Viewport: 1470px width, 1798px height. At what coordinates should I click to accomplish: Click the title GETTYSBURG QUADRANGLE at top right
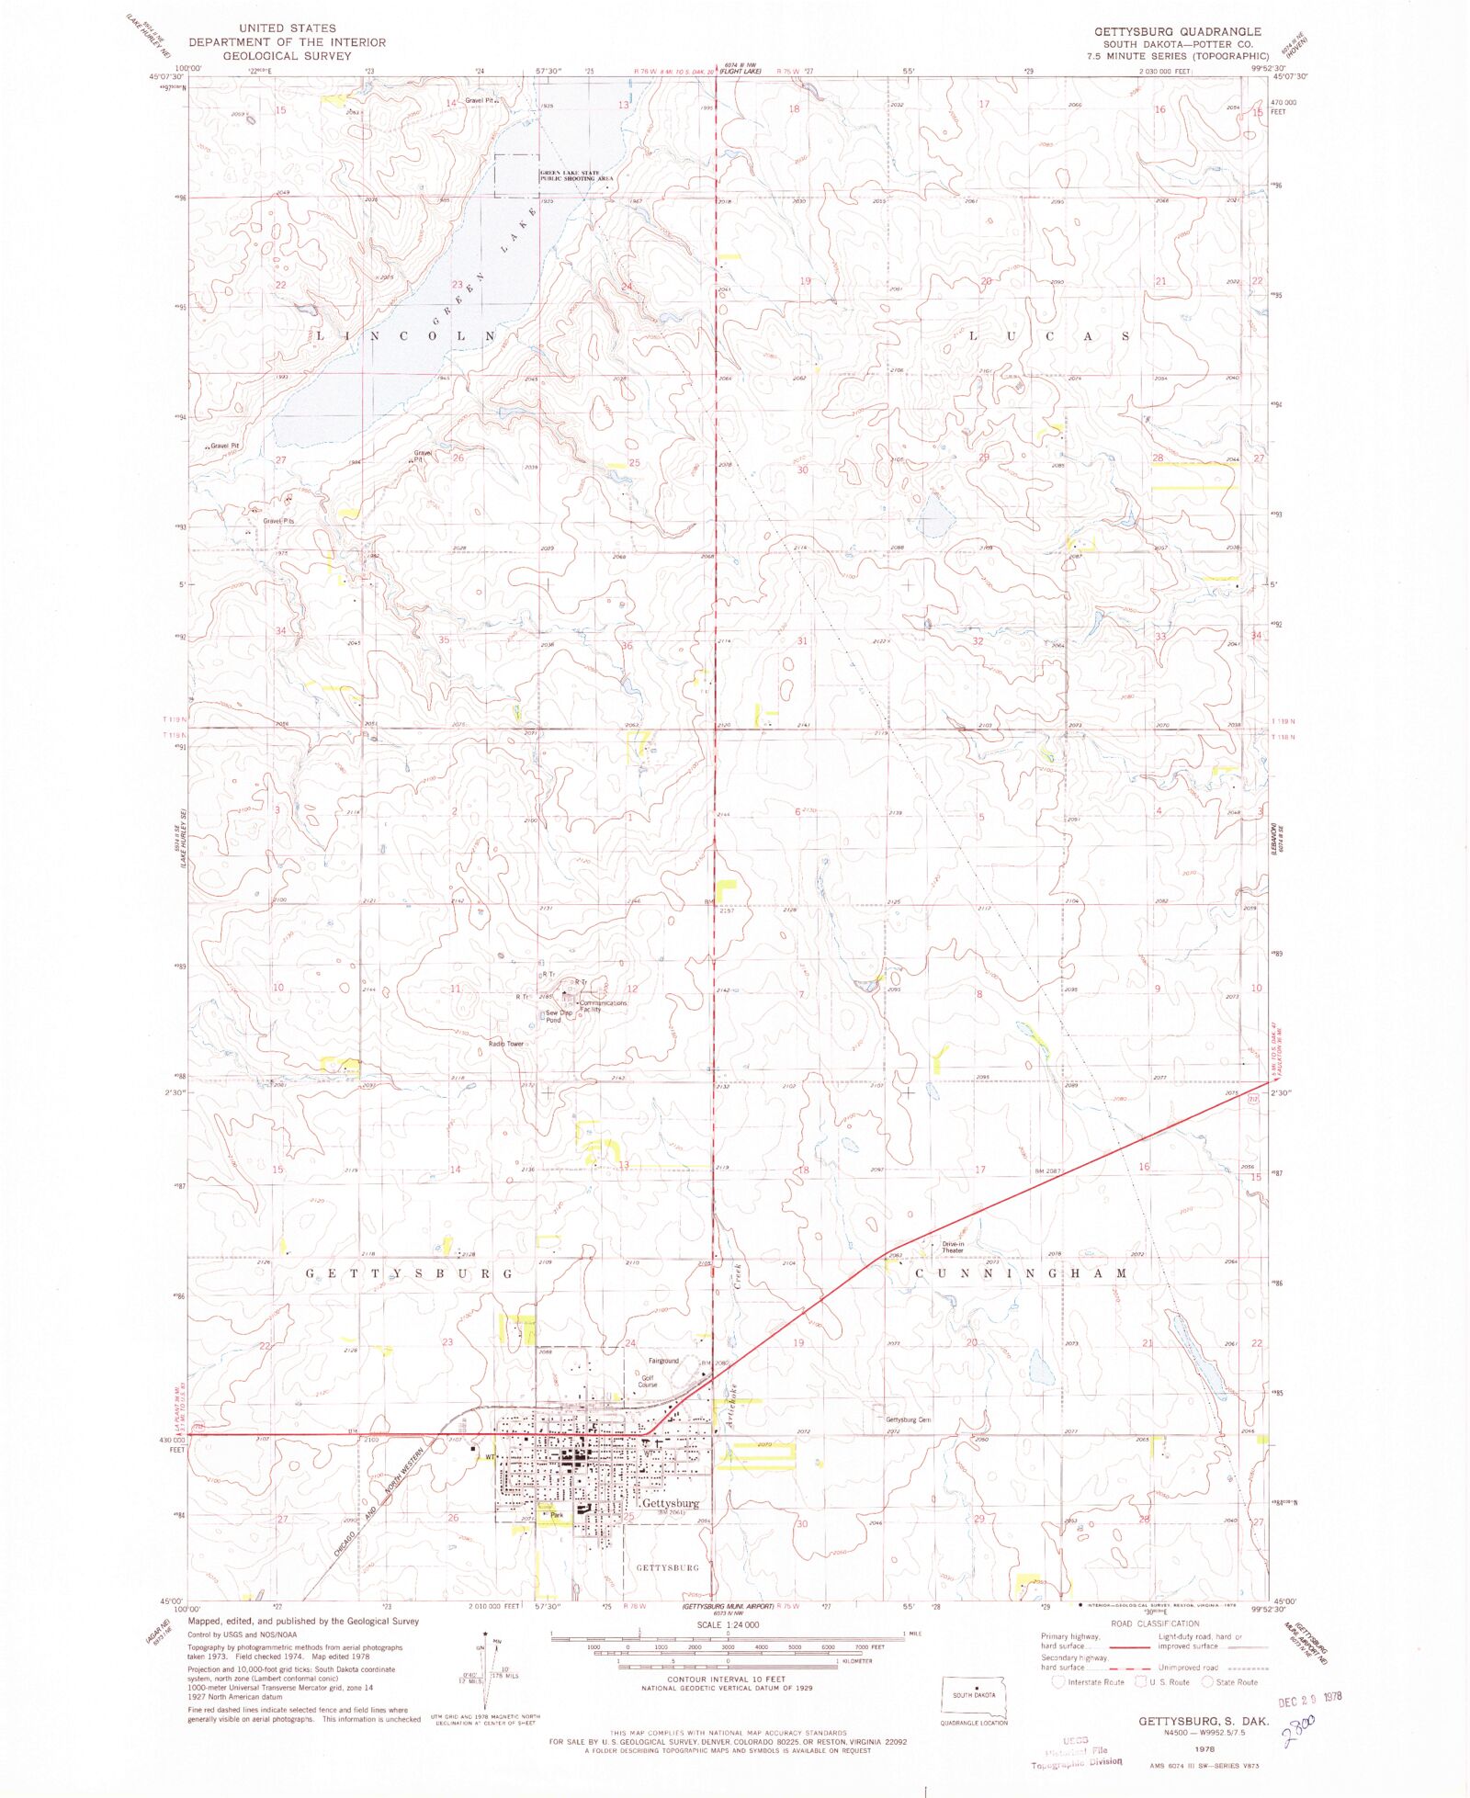(x=1177, y=31)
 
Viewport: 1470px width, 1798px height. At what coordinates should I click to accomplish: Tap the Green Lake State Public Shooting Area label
(x=575, y=175)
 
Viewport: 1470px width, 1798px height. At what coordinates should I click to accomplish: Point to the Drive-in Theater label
(x=953, y=1248)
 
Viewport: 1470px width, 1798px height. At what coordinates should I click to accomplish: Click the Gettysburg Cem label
(x=908, y=1419)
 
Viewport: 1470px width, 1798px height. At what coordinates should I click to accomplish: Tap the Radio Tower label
(x=506, y=1044)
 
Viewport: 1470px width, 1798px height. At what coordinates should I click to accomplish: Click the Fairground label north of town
(x=663, y=1361)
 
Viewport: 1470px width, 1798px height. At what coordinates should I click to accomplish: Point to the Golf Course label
(x=648, y=1381)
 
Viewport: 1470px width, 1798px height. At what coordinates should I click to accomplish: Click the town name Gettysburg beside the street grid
(x=671, y=1503)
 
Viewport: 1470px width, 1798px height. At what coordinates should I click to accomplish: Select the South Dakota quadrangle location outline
(x=973, y=1697)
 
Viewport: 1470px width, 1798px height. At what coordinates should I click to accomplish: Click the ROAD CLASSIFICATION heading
(x=1155, y=1623)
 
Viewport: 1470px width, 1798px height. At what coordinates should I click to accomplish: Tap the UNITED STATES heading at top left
(x=287, y=28)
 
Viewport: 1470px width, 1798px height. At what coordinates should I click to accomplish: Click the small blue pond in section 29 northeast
(x=935, y=519)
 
